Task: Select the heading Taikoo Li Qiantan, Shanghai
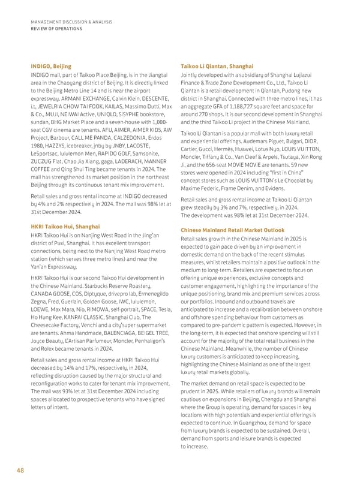[217, 66]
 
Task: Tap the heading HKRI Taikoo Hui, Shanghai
[65, 227]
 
